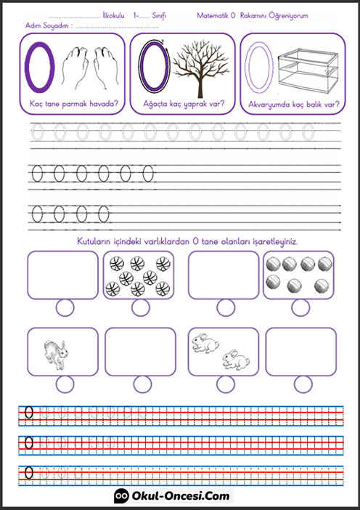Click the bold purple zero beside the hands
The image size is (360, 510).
point(40,67)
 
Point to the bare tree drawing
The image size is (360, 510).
point(200,68)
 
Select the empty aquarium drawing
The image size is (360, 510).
point(308,71)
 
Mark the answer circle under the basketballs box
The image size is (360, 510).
point(141,308)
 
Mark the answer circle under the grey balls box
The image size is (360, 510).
point(300,308)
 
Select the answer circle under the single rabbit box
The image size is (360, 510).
point(65,384)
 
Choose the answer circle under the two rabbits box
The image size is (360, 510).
point(226,384)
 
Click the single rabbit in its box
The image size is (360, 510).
point(56,355)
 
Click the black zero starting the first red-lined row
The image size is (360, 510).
point(29,413)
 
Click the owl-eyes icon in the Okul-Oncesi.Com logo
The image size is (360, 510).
point(121,495)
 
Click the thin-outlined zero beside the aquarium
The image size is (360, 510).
point(259,68)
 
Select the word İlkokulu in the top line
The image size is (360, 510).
point(113,15)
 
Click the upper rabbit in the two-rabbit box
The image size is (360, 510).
point(205,343)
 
